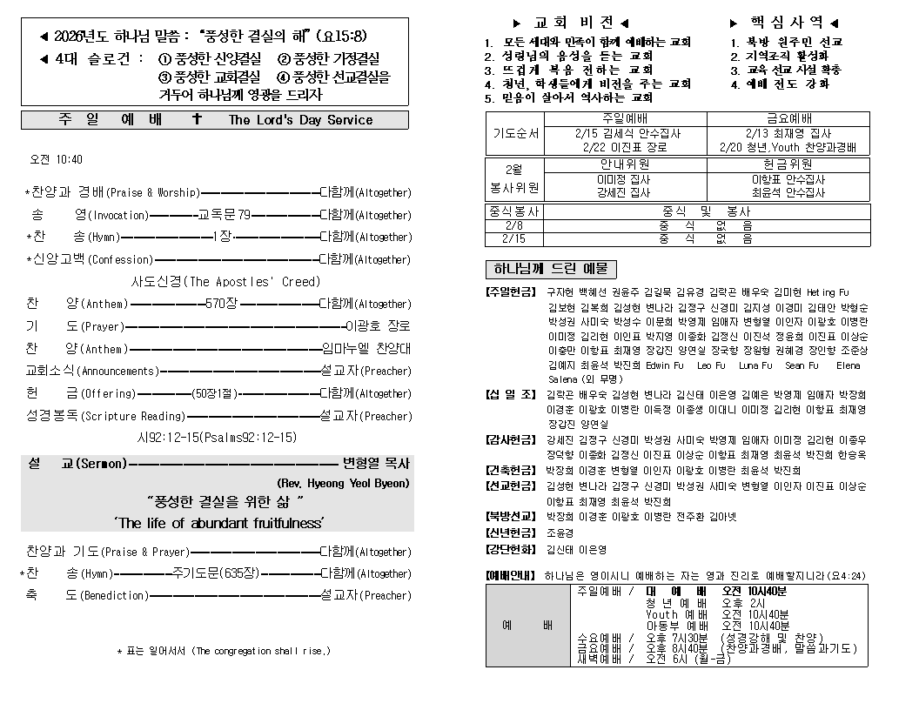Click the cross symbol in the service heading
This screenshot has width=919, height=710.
point(197,120)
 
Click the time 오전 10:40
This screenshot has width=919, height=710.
point(57,159)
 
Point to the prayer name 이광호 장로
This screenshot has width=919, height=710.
point(378,326)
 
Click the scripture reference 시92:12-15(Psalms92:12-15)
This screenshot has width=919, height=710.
point(217,438)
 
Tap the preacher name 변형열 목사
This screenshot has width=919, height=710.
point(375,463)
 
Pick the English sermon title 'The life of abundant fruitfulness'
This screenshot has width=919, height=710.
point(218,523)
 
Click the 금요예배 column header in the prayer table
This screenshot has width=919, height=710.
point(788,119)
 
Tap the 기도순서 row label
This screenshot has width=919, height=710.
point(515,134)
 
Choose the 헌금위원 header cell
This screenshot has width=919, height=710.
point(788,164)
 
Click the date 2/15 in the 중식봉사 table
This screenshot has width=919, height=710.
point(513,238)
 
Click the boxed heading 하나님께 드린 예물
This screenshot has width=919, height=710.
point(550,269)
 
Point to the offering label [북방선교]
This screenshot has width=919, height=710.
point(511,517)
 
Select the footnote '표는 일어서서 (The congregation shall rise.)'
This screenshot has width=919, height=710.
point(225,651)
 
